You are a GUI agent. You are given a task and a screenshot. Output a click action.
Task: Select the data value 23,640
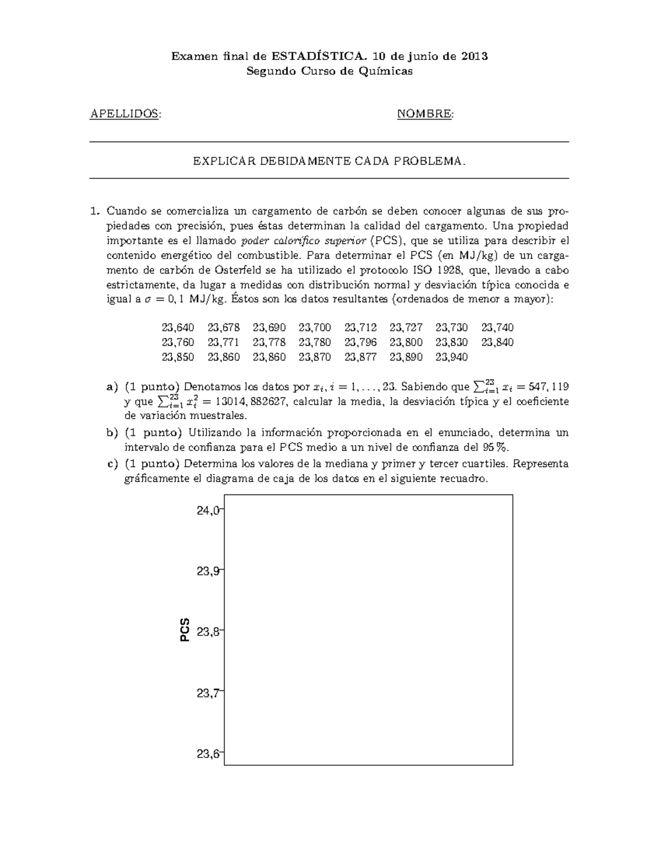click(x=178, y=328)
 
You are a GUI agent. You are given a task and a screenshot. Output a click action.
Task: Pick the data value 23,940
click(x=451, y=357)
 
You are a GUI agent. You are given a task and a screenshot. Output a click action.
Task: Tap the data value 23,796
click(x=360, y=342)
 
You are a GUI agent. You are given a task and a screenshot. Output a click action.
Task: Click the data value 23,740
click(x=497, y=328)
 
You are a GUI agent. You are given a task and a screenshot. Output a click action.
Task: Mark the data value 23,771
click(x=224, y=342)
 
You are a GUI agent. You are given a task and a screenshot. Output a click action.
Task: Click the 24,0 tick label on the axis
click(x=208, y=510)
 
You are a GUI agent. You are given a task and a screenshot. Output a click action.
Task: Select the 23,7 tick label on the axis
click(x=208, y=693)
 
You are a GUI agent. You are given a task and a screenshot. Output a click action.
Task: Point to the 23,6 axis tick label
click(x=208, y=754)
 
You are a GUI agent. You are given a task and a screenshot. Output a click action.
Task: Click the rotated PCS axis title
click(x=185, y=629)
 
